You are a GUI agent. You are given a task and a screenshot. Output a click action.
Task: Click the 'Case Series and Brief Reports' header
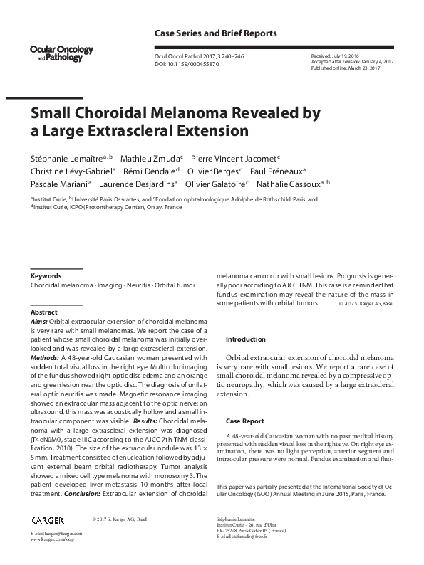[215, 33]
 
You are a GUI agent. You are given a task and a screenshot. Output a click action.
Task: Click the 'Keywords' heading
[46, 276]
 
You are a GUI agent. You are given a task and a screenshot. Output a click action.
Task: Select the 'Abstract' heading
[43, 312]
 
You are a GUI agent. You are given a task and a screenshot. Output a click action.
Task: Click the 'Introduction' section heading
[245, 339]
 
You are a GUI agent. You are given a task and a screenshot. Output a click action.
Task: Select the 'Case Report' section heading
[244, 421]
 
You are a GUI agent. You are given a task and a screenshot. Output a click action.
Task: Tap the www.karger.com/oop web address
[51, 540]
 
